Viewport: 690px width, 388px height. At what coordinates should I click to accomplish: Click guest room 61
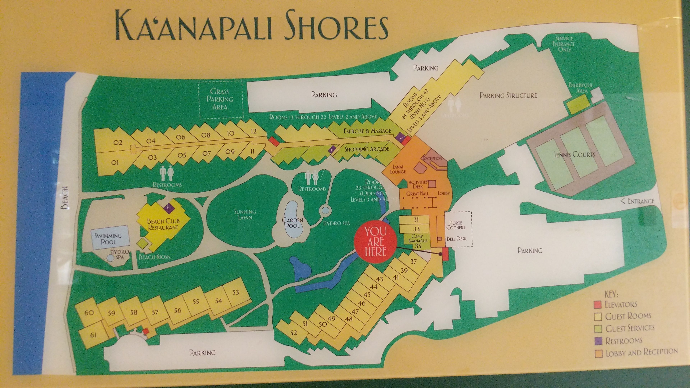tap(93, 335)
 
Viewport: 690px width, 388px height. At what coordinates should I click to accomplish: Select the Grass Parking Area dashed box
tap(220, 99)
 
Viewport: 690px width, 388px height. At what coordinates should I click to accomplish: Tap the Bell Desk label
tap(456, 238)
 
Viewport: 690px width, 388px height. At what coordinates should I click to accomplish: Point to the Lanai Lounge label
tap(398, 170)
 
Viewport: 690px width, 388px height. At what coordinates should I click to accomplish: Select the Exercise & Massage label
tap(367, 131)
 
